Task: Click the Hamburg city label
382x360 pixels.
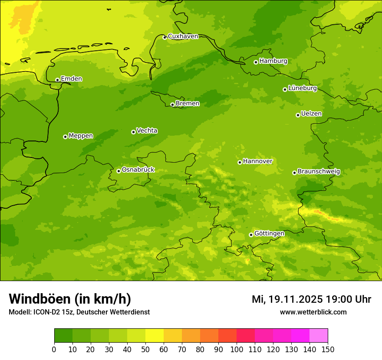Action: pos(273,61)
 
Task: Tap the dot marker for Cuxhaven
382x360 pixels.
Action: pos(165,37)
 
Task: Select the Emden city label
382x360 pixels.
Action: pos(71,79)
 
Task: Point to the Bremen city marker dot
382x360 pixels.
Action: pos(172,105)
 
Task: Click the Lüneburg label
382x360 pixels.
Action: pos(302,88)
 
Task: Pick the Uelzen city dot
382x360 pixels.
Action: pos(298,115)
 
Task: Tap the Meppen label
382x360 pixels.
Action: pos(80,136)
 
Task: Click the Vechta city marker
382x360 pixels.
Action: pos(133,132)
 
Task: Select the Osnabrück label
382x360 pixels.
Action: pos(138,170)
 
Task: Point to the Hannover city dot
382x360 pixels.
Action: pos(240,162)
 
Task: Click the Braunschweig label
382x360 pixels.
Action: pos(319,171)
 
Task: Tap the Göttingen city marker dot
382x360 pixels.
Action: pos(251,235)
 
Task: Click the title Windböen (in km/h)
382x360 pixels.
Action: pos(70,299)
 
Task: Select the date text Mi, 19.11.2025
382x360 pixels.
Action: pos(287,299)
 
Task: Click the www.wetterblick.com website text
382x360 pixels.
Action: pos(313,312)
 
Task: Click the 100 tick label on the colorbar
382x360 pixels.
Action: pos(237,349)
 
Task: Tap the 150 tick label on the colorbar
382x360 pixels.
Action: pos(328,349)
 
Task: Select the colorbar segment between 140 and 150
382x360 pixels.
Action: pos(319,336)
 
